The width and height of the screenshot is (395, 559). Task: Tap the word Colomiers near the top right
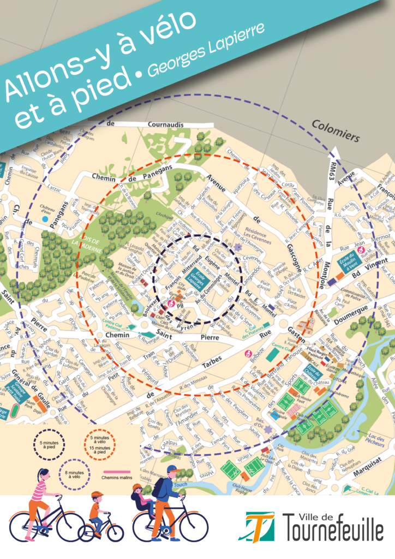pyautogui.click(x=336, y=131)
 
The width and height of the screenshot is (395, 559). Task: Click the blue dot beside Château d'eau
pyautogui.click(x=44, y=219)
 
